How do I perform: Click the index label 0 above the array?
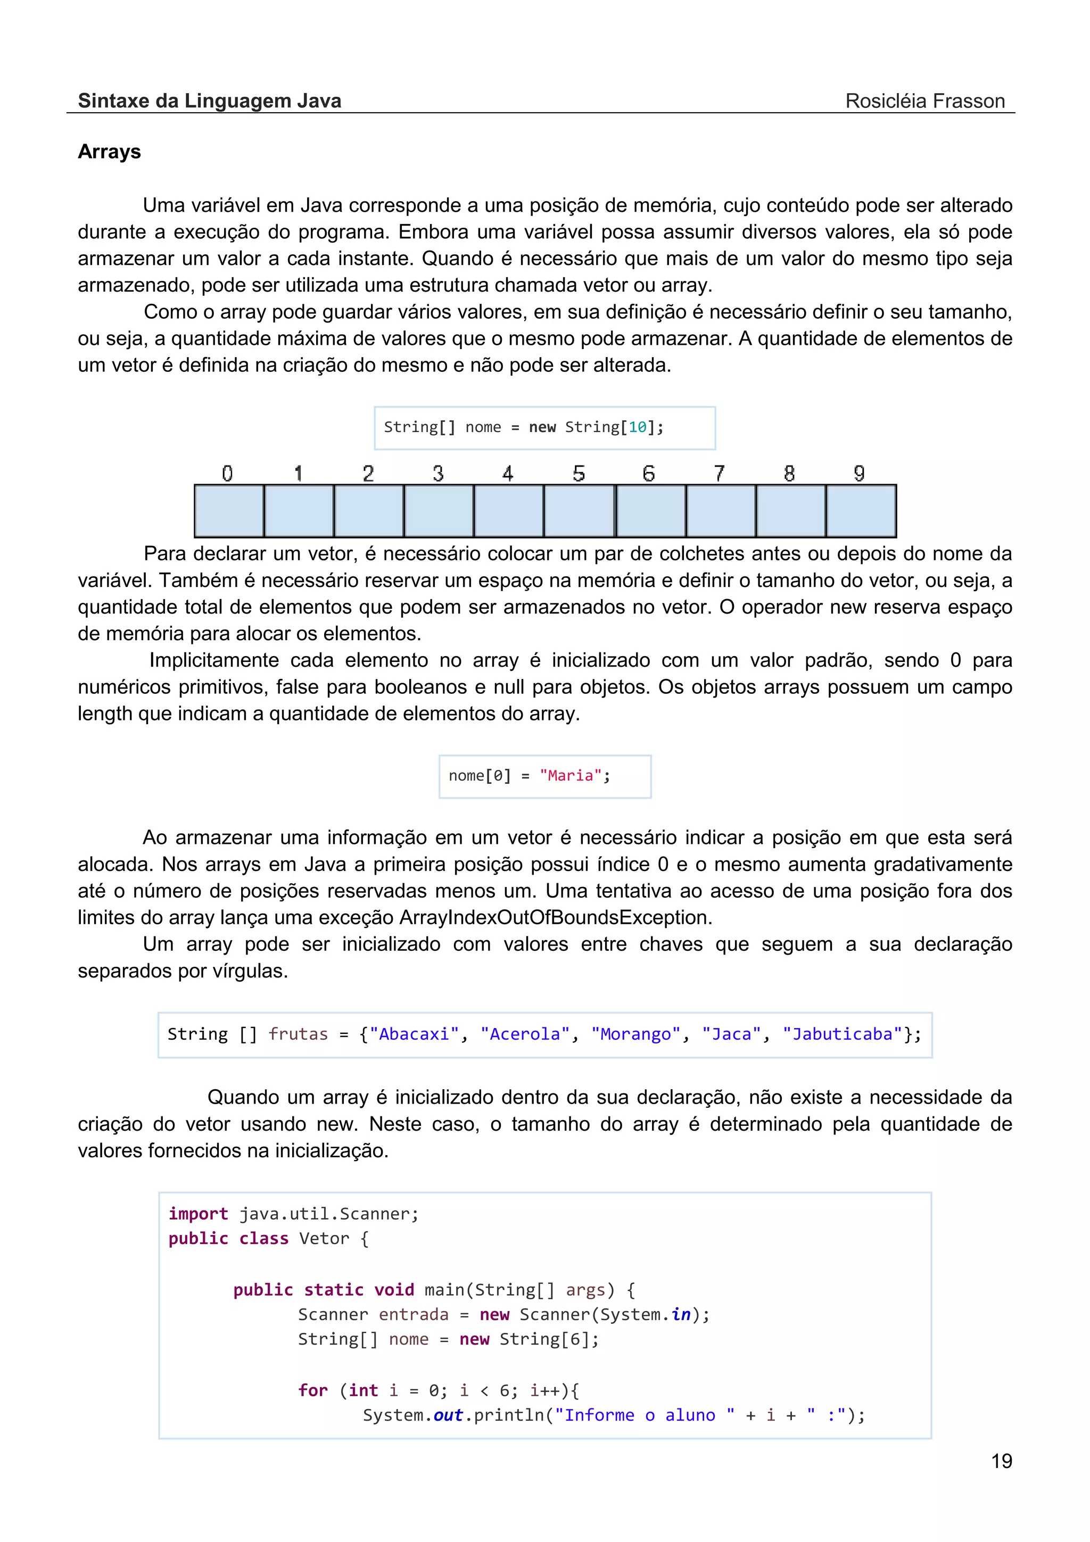[x=227, y=474]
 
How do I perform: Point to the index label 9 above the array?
[x=859, y=474]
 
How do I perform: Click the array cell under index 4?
[x=508, y=510]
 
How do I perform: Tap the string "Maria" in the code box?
[x=570, y=776]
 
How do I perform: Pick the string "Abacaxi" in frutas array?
[x=414, y=1034]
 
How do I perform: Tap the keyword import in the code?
[x=198, y=1214]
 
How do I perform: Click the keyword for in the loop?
[x=313, y=1390]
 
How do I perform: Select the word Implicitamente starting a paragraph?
[x=213, y=660]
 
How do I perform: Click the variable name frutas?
[x=298, y=1034]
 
